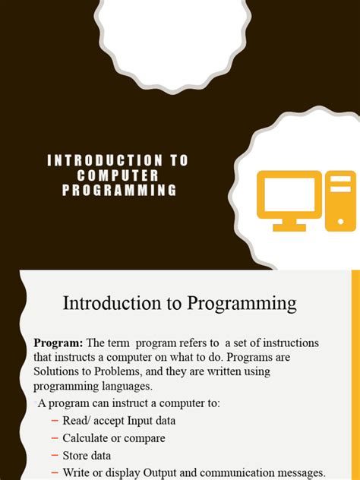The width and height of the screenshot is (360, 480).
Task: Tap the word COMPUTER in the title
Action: click(x=118, y=175)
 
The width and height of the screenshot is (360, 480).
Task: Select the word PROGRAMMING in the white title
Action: click(x=118, y=190)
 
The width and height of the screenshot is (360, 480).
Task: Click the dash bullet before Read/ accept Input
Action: click(x=54, y=421)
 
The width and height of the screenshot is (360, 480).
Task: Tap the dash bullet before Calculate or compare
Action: click(x=54, y=438)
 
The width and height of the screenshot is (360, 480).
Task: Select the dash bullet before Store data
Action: click(x=54, y=456)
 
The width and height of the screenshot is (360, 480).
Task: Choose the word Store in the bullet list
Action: click(x=76, y=456)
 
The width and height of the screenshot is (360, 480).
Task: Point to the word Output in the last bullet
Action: click(x=176, y=473)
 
